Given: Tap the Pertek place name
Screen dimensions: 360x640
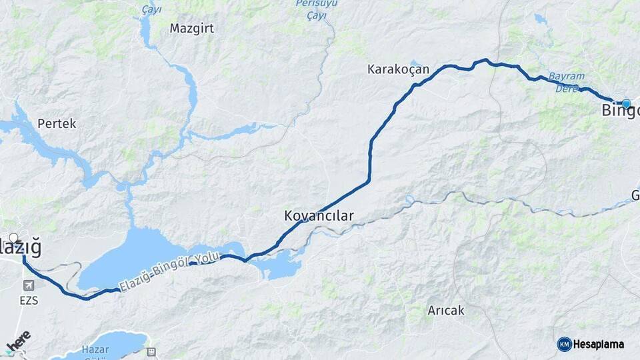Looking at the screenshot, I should click(x=57, y=123).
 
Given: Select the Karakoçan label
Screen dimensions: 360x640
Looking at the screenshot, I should click(x=398, y=69).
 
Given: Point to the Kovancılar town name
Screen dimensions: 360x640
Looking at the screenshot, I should click(x=319, y=216).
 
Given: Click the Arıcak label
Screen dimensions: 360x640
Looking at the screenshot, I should click(x=446, y=311).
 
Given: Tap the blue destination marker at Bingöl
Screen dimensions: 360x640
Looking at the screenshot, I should click(x=626, y=103).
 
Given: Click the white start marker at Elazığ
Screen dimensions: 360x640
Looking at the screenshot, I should click(x=14, y=237).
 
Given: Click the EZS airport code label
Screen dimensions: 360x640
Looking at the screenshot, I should click(x=29, y=301).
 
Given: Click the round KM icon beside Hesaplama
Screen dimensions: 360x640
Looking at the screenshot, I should click(x=564, y=344).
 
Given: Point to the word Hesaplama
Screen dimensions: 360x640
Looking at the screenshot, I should click(x=599, y=344).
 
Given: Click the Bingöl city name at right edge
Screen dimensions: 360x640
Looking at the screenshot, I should click(x=620, y=111).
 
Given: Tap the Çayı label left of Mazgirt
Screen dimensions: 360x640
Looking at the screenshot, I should click(x=151, y=9).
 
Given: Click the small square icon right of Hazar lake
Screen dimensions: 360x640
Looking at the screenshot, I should click(x=151, y=351).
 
